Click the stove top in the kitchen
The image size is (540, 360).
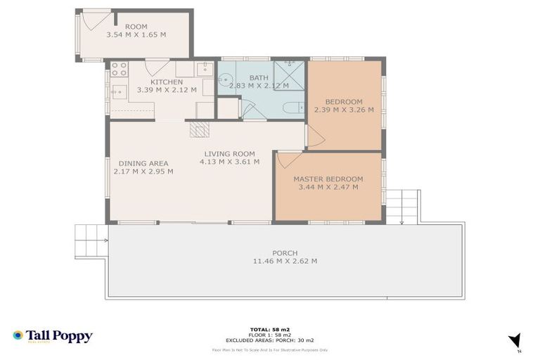[x=119, y=69]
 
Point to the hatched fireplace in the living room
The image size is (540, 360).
[x=200, y=129]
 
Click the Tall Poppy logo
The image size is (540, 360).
[x=53, y=336]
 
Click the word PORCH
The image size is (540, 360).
[x=285, y=253]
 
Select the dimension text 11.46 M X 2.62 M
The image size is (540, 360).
[x=285, y=262]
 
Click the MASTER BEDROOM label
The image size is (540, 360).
[x=328, y=179]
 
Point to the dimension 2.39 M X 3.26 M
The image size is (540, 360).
[x=344, y=110]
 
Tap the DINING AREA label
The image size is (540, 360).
[x=143, y=162]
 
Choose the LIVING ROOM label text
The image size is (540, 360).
[x=229, y=153]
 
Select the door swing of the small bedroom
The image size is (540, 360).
[x=314, y=138]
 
